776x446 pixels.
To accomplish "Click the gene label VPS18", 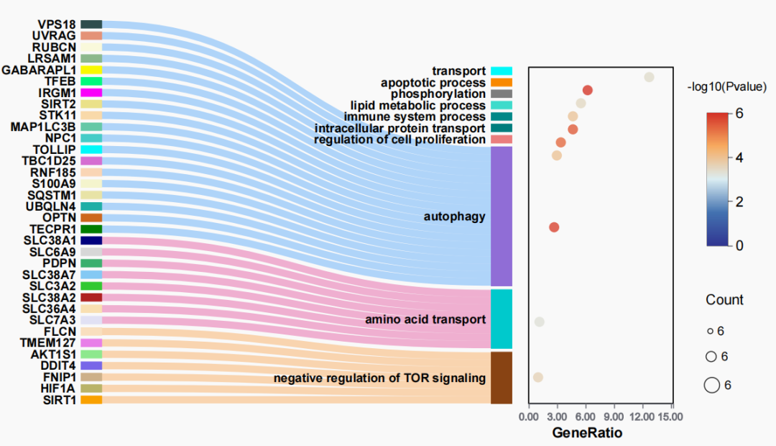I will (57, 24).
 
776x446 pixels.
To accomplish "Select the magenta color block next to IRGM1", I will (91, 93).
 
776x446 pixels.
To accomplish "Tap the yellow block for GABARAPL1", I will (91, 70).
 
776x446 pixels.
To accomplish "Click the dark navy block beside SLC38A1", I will (91, 240).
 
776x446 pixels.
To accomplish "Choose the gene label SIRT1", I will (59, 399).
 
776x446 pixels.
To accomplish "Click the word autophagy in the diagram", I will (454, 217).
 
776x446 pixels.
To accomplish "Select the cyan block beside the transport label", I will (502, 70).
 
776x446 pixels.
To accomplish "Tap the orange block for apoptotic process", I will (502, 83).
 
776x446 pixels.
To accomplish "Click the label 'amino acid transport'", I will (425, 319).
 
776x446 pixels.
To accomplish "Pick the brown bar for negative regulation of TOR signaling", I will (502, 377).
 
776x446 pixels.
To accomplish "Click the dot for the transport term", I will (649, 77).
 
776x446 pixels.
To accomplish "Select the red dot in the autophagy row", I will (554, 227).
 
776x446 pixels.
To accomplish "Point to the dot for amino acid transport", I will (540, 322).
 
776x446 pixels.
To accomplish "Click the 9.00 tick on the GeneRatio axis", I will (615, 416).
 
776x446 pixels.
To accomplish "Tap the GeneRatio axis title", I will (587, 433).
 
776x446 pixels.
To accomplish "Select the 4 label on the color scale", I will (739, 158).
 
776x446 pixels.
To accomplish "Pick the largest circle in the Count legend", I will (711, 386).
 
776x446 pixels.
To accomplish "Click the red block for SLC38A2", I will (91, 297).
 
